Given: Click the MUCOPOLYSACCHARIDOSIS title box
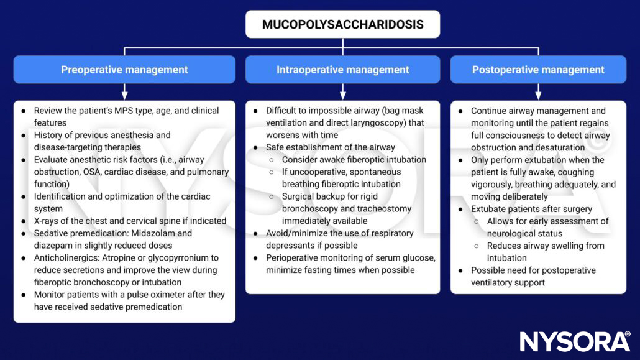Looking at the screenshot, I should click(342, 25).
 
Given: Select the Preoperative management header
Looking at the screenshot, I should click(124, 70).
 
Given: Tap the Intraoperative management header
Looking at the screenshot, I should click(342, 70).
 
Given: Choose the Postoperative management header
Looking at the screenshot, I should click(538, 70).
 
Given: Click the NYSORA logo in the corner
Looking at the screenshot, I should click(575, 341).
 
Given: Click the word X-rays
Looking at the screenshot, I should click(48, 221).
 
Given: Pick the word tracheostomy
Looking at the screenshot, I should click(382, 209).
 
